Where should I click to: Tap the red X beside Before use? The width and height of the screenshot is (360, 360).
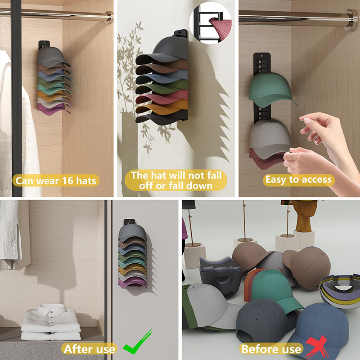click(x=316, y=346)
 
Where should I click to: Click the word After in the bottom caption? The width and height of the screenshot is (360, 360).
click(x=78, y=349)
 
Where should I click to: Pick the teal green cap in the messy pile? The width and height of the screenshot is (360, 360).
click(x=275, y=289)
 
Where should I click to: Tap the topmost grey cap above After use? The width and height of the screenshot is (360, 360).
click(x=132, y=233)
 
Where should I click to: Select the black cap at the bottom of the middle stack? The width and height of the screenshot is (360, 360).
click(x=161, y=118)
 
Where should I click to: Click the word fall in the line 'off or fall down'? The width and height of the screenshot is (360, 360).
click(x=176, y=185)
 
